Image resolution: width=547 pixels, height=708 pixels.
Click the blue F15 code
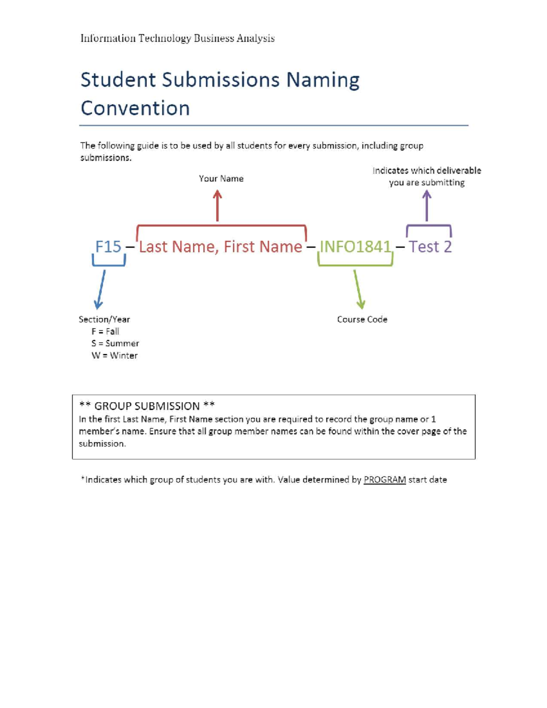tap(108, 247)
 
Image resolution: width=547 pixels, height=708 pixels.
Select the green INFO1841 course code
tap(356, 247)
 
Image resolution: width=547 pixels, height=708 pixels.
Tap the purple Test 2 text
tap(430, 247)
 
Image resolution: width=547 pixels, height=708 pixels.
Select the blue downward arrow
tap(100, 289)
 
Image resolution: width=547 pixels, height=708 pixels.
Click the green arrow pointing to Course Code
tap(358, 289)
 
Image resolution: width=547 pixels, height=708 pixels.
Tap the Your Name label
tap(221, 179)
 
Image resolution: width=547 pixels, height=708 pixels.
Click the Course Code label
tap(362, 320)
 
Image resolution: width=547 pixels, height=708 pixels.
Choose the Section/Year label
tap(104, 320)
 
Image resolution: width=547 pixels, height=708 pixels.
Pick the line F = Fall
tap(105, 331)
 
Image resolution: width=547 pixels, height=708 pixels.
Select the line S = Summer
tap(115, 343)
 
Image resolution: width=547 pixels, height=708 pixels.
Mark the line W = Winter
tap(114, 356)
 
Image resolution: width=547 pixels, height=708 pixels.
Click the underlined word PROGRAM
tap(384, 480)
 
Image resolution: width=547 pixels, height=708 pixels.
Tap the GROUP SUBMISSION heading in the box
tap(147, 406)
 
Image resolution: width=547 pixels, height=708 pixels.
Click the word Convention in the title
tap(135, 108)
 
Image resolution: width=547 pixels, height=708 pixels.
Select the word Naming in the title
tap(323, 80)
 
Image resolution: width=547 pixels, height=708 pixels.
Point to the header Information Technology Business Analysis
tap(177, 38)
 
